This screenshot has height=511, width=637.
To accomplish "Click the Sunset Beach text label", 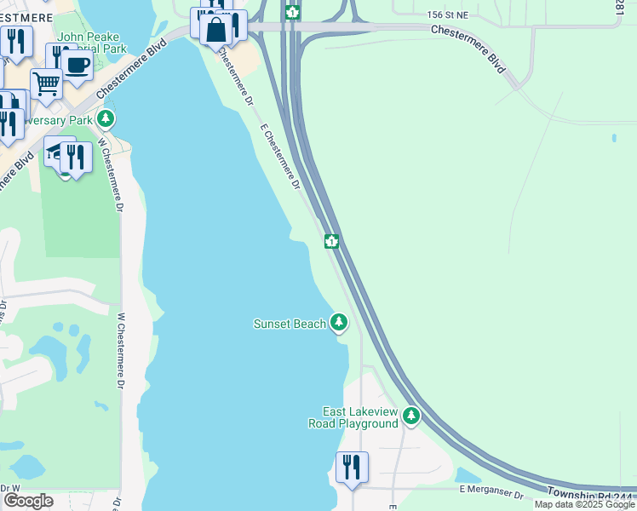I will [x=290, y=324].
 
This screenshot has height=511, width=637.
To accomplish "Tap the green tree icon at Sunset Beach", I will [x=340, y=322].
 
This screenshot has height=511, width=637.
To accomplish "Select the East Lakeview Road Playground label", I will [x=359, y=417].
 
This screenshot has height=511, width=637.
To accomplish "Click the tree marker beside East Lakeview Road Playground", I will [x=411, y=416].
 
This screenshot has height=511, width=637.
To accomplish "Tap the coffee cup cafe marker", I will [x=77, y=65].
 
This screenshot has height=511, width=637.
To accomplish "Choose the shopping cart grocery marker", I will [x=46, y=83].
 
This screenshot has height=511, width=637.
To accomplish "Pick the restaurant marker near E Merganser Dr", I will [x=352, y=468].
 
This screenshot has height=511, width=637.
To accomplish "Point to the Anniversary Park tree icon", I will [x=106, y=120].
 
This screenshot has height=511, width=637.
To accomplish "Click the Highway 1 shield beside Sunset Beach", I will [x=331, y=242].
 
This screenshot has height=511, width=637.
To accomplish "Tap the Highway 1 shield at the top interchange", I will [x=292, y=12].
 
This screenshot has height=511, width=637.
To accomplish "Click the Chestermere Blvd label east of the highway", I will [x=468, y=48].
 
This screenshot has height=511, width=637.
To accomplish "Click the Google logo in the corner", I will [x=28, y=500].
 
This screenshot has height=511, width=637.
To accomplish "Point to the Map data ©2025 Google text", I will [x=584, y=505].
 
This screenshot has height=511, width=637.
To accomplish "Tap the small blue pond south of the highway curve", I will [x=468, y=474].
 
